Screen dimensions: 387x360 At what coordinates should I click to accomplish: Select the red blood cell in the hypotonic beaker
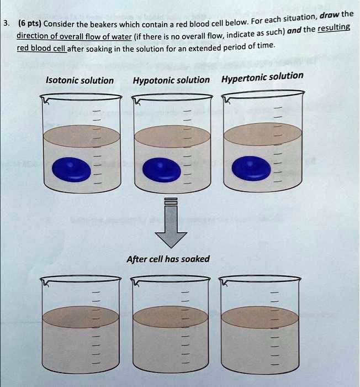coord(161,169)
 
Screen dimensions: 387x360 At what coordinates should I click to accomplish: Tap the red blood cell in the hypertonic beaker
coord(252,168)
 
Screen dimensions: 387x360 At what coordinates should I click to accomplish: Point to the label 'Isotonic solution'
coord(80,81)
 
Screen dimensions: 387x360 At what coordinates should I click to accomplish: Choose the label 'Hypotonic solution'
coord(171,80)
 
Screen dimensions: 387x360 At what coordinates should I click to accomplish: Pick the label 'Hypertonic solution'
coord(262,76)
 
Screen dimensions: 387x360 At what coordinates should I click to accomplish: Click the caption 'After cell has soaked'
coord(168,259)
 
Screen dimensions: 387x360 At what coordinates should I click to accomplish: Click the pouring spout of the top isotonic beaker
coord(45,100)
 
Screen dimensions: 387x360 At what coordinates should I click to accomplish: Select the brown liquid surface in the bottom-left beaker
coord(81,317)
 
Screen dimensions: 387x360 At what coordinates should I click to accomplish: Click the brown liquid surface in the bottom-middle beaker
coord(171,317)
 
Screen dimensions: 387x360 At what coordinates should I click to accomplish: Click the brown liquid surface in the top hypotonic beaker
coord(172,136)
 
